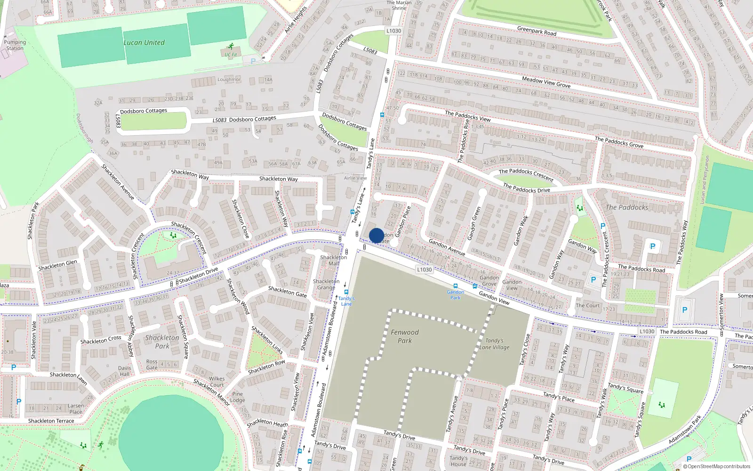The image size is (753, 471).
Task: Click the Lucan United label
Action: pyautogui.click(x=144, y=42)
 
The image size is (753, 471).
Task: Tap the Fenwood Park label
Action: pyautogui.click(x=404, y=336)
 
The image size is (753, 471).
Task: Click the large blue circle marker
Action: pyautogui.click(x=376, y=235)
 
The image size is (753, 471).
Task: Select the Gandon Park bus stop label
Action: pyautogui.click(x=455, y=295)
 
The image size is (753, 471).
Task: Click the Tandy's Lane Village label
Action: pyautogui.click(x=494, y=344)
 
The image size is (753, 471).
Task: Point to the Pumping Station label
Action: pyautogui.click(x=15, y=45)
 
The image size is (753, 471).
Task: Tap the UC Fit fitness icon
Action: pyautogui.click(x=231, y=47)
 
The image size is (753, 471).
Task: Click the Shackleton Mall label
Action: pyautogui.click(x=333, y=260)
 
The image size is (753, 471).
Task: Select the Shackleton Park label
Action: pyautogui.click(x=162, y=341)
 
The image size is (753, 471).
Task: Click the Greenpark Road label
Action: pyautogui.click(x=537, y=31)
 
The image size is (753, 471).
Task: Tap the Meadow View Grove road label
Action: pyautogui.click(x=546, y=82)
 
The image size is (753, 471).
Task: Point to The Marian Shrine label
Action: pyautogui.click(x=399, y=5)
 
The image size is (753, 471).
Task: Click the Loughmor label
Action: pyautogui.click(x=229, y=80)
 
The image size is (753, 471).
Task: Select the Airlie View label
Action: pyautogui.click(x=355, y=178)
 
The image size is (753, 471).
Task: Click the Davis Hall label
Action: pyautogui.click(x=125, y=371)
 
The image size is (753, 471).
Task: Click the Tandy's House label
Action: pyautogui.click(x=458, y=461)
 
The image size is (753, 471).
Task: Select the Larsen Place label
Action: pyautogui.click(x=76, y=408)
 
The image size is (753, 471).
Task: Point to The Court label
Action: pyautogui.click(x=588, y=305)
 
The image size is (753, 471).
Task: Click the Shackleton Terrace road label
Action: pyautogui.click(x=51, y=421)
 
